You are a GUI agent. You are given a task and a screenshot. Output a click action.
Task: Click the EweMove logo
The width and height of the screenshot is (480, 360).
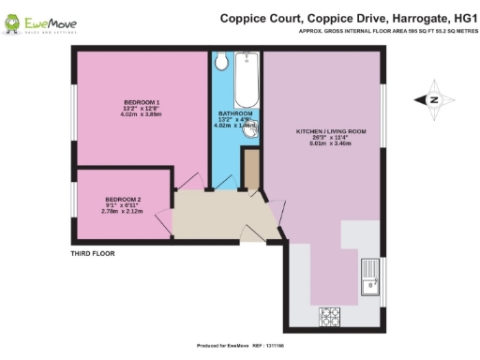pyautogui.click(x=46, y=22)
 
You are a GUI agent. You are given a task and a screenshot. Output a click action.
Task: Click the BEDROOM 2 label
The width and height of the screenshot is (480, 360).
pyautogui.click(x=123, y=200)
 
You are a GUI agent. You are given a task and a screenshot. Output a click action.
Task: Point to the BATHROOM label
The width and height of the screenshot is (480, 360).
pyautogui.click(x=235, y=113)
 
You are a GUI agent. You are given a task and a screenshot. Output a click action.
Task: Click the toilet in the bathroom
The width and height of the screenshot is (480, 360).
pyautogui.click(x=221, y=62)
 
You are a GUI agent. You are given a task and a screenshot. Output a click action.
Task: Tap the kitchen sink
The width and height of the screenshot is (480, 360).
pyautogui.click(x=370, y=282)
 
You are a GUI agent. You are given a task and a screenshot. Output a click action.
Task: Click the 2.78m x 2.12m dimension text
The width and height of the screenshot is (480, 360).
pyautogui.click(x=123, y=212)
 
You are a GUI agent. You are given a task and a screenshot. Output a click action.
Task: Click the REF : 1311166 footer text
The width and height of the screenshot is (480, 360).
pyautogui.click(x=273, y=347)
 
